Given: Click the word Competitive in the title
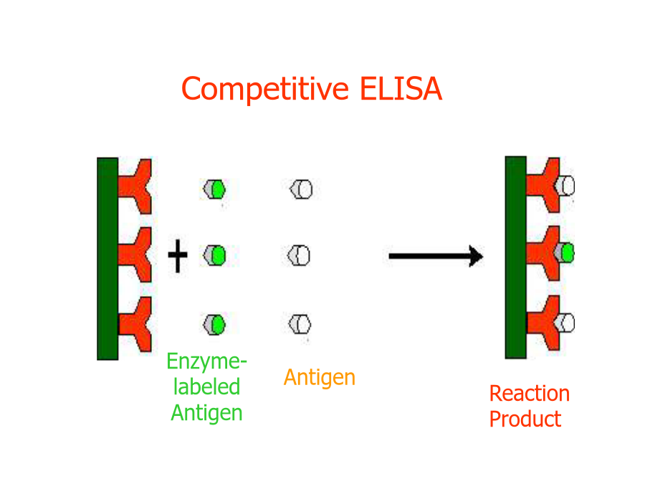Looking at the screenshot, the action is pos(265,90).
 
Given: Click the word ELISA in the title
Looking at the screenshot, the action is pos(401,88).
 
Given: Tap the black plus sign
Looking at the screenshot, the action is pos(178,255).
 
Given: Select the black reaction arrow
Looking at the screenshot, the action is pos(436,257).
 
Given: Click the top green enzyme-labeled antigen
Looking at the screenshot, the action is pos(214,189).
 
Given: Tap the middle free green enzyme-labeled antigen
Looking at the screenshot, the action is pos(214,255).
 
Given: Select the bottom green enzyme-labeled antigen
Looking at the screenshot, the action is pos(214,325).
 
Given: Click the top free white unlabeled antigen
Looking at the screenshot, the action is pos(301,189).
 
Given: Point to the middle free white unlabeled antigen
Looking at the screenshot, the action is pos(299,255).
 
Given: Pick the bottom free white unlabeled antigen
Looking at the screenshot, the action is pos(300,324).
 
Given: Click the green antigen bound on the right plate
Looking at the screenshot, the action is pos(564,252).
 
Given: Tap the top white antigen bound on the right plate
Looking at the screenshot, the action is pos(565,186).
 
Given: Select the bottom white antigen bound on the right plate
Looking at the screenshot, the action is pos(565,323).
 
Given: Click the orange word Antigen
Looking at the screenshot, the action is pos(320,378).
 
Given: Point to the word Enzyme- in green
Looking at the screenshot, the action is pos(206,361).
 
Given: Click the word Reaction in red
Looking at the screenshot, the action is pos(530,394).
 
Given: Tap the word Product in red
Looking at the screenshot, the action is pos(525,419).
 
